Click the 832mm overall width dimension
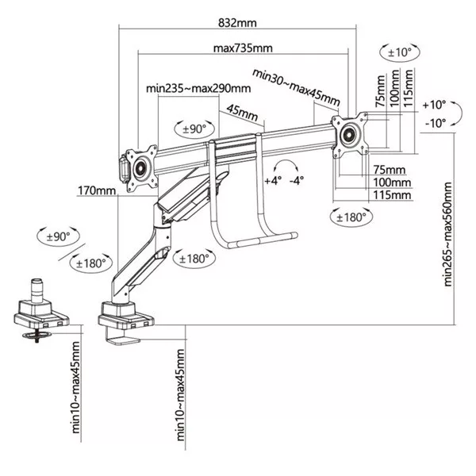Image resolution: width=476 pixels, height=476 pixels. [238, 24]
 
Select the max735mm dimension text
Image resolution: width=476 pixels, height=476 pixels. [242, 48]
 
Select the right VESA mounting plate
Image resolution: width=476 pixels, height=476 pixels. [349, 134]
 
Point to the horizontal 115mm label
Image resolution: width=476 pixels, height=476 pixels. [392, 194]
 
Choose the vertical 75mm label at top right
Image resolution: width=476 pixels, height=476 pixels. [381, 85]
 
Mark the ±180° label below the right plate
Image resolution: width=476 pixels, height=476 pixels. [349, 217]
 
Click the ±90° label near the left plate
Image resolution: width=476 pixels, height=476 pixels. [191, 127]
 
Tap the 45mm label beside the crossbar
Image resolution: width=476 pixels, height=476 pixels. [243, 111]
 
